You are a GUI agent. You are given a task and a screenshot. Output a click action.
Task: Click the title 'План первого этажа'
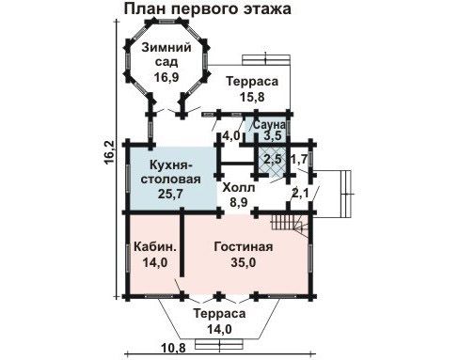(208, 8)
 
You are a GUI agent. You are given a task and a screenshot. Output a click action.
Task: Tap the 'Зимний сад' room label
(166, 55)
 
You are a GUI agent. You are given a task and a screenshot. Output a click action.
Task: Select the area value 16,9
(166, 77)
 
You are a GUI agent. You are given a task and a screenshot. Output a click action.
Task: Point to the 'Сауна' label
(269, 125)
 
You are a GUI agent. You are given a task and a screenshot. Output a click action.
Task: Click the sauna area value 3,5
(272, 136)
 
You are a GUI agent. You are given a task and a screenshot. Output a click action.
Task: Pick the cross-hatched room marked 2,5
(272, 160)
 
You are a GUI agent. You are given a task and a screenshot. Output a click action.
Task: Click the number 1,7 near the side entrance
(299, 160)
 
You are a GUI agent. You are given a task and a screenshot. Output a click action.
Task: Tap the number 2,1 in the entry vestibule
(300, 193)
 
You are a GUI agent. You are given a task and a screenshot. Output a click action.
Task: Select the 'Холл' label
(239, 188)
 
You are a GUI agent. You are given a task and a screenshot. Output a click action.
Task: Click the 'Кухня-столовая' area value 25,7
(170, 194)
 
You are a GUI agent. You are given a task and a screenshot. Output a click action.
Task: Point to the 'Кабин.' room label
(155, 247)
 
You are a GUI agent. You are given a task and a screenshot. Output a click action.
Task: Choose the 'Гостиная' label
(244, 246)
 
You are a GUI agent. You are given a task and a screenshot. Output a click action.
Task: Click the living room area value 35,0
(244, 262)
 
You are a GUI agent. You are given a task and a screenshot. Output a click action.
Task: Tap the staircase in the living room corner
(290, 224)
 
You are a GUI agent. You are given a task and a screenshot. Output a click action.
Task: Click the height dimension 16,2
(109, 153)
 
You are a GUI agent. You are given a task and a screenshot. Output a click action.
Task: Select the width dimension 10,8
(173, 348)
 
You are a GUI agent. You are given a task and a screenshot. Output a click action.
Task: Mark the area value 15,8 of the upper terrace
(252, 97)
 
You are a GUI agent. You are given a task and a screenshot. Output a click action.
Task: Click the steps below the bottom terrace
(219, 344)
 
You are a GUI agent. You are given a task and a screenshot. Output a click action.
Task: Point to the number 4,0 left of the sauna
(231, 136)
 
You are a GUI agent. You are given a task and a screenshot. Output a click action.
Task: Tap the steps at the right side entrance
(345, 194)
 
